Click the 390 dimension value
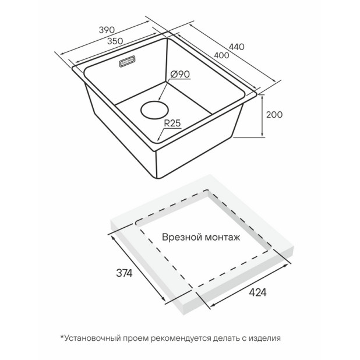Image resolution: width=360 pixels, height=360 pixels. tap(107, 30)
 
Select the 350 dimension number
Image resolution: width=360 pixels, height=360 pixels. tap(115, 41)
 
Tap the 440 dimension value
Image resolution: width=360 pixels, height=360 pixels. tap(237, 47)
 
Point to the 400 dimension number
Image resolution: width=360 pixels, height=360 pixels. tap(221, 55)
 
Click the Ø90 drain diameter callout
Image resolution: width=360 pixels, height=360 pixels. tap(180, 74)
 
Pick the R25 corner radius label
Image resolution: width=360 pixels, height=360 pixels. tap(172, 123)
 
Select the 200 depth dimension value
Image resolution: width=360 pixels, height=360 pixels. tap(274, 115)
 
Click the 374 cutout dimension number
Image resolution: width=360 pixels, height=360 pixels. tap(124, 273)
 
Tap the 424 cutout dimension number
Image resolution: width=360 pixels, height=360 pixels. tap(258, 292)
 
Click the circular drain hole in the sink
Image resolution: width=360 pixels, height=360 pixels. tap(154, 110)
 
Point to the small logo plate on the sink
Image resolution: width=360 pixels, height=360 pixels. tap(127, 61)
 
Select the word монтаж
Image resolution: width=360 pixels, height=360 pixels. tap(223, 238)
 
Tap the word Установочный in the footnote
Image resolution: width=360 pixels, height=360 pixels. tap(93, 338)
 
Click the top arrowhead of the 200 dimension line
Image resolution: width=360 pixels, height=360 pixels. tap(262, 97)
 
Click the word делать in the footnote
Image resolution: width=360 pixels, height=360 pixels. tap(227, 338)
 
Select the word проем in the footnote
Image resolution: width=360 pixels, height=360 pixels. tap(136, 338)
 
